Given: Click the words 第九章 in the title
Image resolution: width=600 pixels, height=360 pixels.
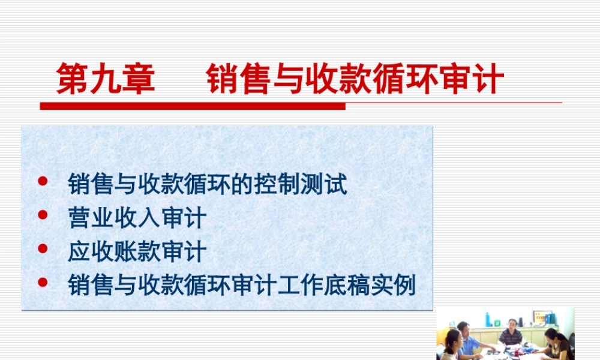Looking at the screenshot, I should pos(106,80).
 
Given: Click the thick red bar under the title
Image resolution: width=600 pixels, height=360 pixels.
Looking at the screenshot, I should pos(192,106).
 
